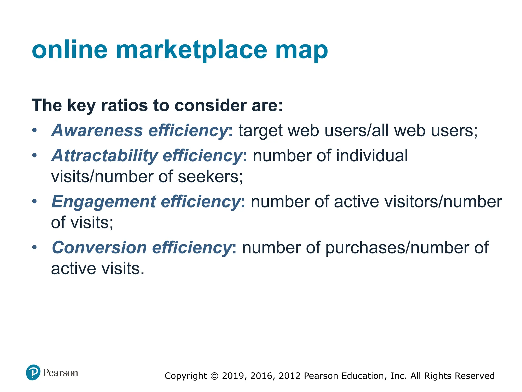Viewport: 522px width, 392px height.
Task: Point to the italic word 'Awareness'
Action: point(97,130)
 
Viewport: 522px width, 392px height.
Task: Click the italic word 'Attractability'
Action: point(105,155)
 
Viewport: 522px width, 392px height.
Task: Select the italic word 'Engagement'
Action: point(103,202)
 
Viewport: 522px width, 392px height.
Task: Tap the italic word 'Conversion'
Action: point(99,248)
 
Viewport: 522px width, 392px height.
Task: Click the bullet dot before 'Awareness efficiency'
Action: point(35,130)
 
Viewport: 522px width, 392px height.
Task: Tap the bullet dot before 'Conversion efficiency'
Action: point(35,247)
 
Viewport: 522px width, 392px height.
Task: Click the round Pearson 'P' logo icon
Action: point(33,372)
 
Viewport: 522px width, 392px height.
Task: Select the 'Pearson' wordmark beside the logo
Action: point(60,373)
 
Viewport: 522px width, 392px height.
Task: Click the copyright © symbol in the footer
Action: point(215,376)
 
